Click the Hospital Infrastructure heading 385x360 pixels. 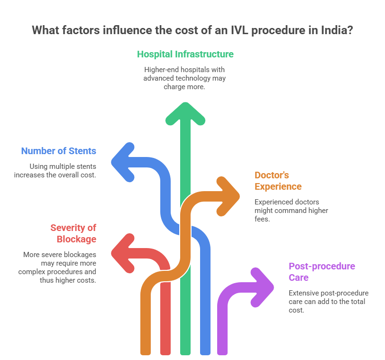coord(185,54)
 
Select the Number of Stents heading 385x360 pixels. coord(58,151)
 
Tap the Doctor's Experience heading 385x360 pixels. coord(278,181)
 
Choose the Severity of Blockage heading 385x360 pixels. coord(73,233)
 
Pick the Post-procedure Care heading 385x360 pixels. coord(321,272)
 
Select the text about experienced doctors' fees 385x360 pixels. coord(291,210)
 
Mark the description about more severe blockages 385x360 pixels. coord(58,267)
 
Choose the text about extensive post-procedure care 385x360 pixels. coord(328,301)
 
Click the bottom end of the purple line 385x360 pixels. coord(222,351)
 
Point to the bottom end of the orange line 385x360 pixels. coord(146,351)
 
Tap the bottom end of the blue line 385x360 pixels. coord(205,351)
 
